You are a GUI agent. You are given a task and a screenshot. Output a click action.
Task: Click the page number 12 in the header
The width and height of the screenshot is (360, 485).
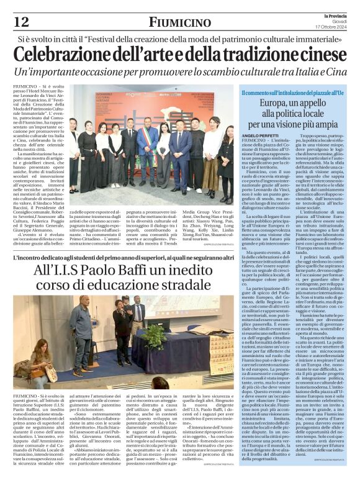click(x=20, y=22)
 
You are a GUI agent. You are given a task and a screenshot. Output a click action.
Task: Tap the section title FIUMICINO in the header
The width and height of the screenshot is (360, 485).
click(x=180, y=22)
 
